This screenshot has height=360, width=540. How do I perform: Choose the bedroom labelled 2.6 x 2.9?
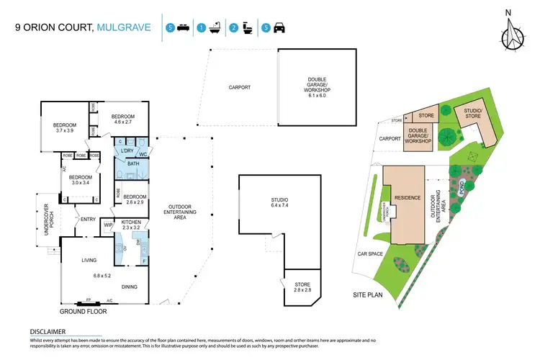135,199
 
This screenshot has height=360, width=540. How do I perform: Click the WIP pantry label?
109,225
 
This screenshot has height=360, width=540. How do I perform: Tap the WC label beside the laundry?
143,153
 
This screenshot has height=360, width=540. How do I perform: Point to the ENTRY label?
88,220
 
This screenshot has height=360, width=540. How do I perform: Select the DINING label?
130,287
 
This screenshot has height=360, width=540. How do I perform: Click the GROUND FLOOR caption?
83,312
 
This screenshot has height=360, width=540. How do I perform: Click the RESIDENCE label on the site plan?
403,197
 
